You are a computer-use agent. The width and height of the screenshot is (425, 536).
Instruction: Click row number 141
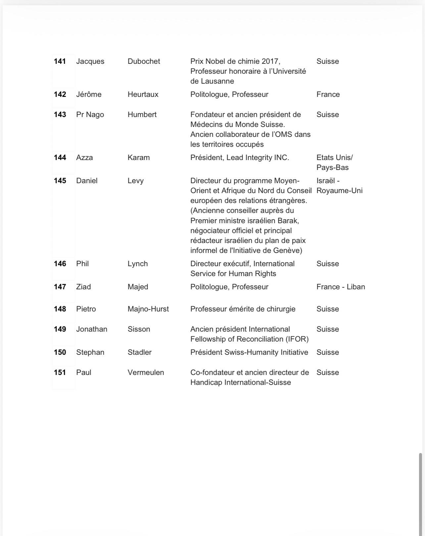click(60, 62)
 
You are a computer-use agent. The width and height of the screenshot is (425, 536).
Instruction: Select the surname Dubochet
click(144, 62)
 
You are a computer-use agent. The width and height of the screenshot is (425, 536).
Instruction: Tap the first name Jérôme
click(89, 95)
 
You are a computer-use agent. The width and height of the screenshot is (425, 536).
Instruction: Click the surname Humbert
click(142, 115)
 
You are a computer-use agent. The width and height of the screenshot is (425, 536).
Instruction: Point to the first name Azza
click(84, 158)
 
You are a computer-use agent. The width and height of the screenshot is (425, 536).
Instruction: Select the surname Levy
click(135, 181)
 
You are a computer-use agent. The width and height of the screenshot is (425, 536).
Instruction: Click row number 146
click(60, 264)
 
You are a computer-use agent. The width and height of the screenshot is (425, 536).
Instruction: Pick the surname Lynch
click(138, 264)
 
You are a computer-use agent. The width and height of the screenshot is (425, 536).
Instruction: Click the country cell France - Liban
click(341, 287)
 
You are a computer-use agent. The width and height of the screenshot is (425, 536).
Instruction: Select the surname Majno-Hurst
click(148, 309)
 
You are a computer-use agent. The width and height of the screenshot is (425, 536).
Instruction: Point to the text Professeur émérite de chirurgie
click(243, 309)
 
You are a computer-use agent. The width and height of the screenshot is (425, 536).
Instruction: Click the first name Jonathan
click(92, 329)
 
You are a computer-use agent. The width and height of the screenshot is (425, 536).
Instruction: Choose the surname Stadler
click(139, 352)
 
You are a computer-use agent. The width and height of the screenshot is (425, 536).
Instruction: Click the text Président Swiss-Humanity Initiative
click(249, 352)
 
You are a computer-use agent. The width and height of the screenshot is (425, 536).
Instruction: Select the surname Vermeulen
click(146, 373)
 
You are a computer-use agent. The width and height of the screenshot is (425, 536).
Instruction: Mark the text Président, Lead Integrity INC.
click(240, 158)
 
